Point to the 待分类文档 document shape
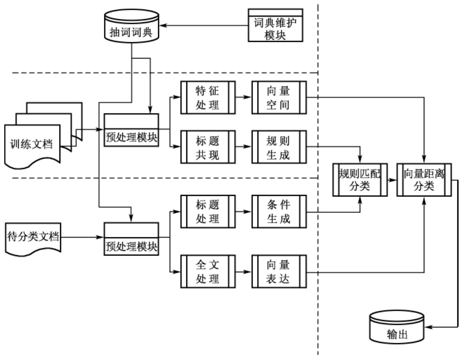point(33,235)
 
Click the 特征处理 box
point(207,98)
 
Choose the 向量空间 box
point(279,98)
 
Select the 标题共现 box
point(207,147)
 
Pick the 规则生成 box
point(279,147)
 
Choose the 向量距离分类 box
point(424,180)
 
